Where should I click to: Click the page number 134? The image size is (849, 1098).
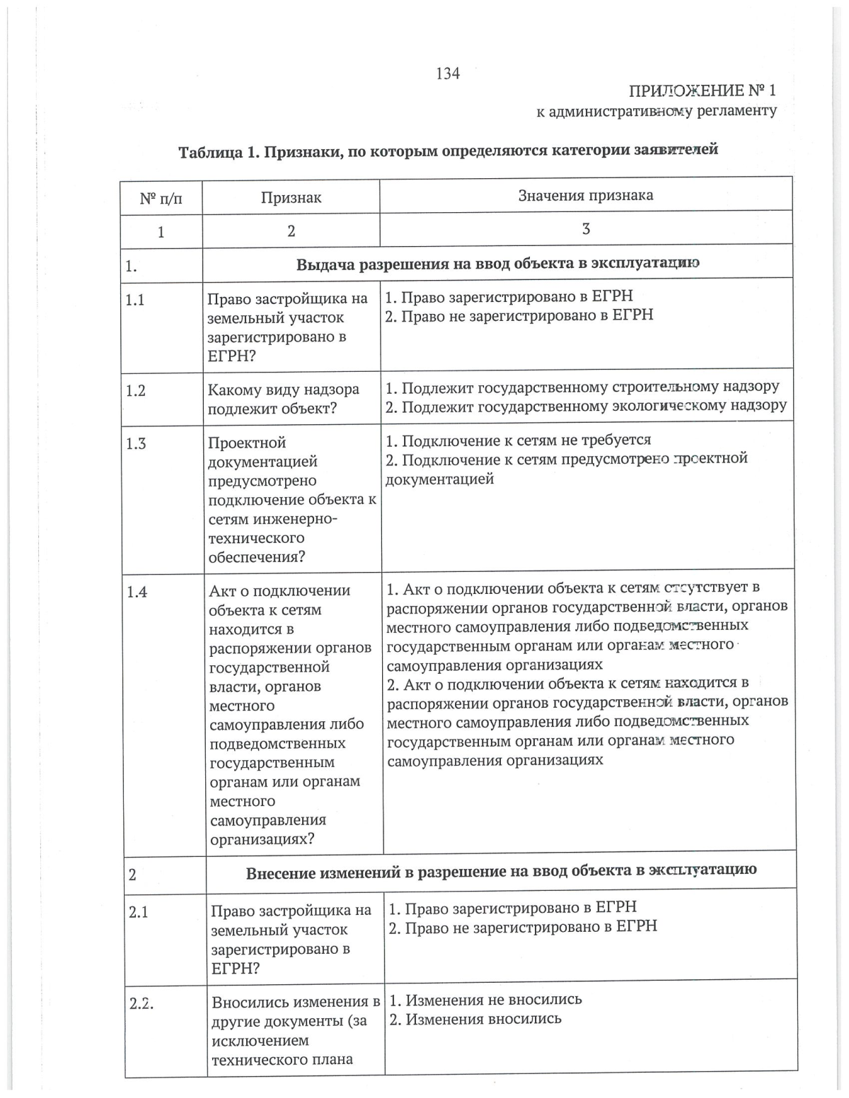448,74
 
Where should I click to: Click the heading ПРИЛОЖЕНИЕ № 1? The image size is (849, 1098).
702,91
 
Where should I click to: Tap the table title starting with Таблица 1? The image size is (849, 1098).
448,151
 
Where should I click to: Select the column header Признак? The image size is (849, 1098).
291,198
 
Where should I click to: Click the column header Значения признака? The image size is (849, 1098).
585,195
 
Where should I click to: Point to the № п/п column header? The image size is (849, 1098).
161,199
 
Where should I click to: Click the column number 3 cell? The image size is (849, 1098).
585,229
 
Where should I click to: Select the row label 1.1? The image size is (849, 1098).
135,300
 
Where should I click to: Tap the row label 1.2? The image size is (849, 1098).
136,390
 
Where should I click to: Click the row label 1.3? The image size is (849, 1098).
136,443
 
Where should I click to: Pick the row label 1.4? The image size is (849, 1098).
137,592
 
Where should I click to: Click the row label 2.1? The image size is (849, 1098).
139,912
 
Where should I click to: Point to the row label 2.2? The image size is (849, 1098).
141,1003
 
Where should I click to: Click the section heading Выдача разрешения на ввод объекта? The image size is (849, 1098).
497,264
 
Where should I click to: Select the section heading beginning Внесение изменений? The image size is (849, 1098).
501,871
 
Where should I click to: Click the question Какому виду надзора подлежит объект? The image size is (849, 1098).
283,399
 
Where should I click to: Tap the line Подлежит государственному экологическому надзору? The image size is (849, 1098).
586,406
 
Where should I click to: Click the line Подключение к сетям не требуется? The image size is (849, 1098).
518,440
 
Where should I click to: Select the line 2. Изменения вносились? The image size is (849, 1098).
475,1019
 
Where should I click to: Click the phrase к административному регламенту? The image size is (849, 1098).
656,111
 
